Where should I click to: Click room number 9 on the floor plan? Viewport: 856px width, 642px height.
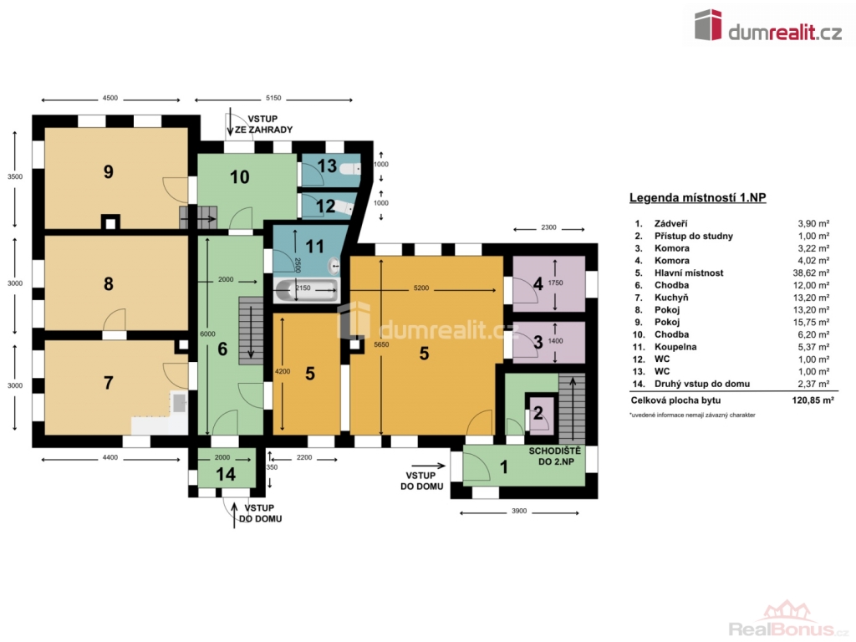click(x=108, y=172)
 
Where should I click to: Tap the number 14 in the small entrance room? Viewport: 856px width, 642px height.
click(x=226, y=475)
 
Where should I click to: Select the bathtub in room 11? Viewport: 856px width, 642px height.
click(x=306, y=291)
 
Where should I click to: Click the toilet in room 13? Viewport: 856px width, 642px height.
click(x=349, y=169)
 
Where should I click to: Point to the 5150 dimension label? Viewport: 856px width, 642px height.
click(x=273, y=99)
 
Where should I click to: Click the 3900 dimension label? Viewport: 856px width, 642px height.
click(x=519, y=511)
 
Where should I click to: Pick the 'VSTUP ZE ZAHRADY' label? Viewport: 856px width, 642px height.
click(x=263, y=125)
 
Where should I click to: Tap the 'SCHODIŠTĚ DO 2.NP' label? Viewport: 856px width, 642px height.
click(x=555, y=456)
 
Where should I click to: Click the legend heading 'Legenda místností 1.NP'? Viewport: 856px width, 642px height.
click(x=698, y=197)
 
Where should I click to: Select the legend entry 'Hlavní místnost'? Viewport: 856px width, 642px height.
click(x=689, y=273)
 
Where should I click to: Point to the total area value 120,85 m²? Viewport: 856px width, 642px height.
click(x=813, y=400)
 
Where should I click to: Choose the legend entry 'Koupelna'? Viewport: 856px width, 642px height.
click(x=675, y=347)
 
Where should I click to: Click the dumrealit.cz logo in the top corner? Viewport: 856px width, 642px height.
click(x=768, y=26)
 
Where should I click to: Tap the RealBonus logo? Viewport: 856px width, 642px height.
click(x=788, y=619)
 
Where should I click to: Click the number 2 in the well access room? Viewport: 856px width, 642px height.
click(x=538, y=413)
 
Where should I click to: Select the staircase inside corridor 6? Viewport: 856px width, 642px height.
click(x=251, y=331)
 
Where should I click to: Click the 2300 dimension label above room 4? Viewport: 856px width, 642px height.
click(x=548, y=227)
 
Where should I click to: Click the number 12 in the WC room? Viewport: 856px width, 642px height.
click(x=325, y=206)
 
